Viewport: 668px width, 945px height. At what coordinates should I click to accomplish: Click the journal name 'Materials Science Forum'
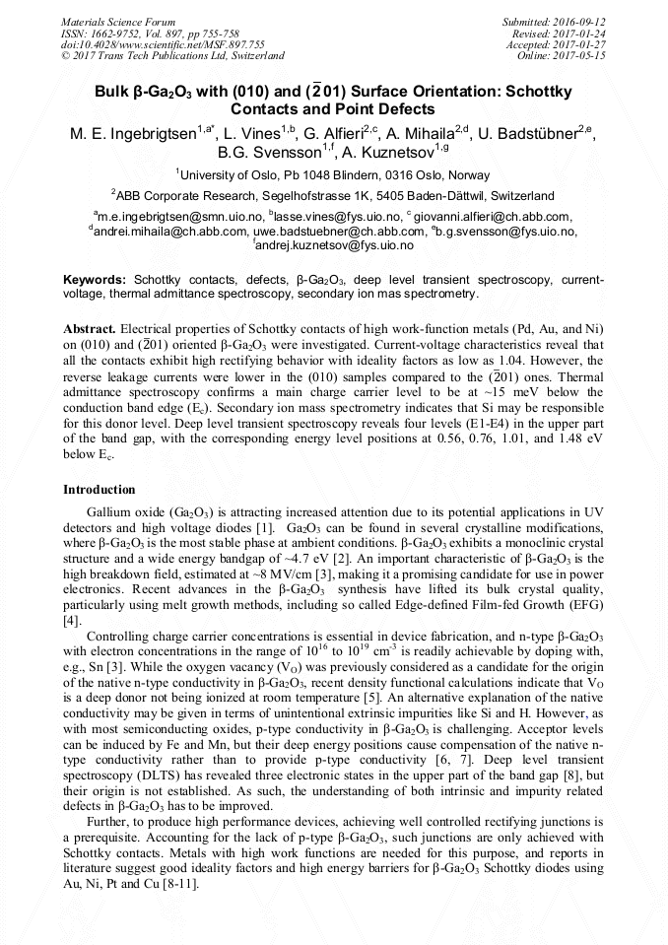click(118, 22)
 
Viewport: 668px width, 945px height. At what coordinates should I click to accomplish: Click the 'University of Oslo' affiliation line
click(334, 175)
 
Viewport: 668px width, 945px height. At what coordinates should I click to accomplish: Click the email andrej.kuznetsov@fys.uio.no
click(334, 244)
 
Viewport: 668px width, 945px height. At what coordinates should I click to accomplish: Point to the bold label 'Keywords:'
click(95, 280)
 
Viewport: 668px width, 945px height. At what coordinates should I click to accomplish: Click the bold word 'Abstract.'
click(90, 327)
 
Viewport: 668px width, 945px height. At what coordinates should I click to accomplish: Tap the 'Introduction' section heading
click(100, 490)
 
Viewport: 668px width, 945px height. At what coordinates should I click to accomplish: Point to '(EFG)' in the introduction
click(581, 604)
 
